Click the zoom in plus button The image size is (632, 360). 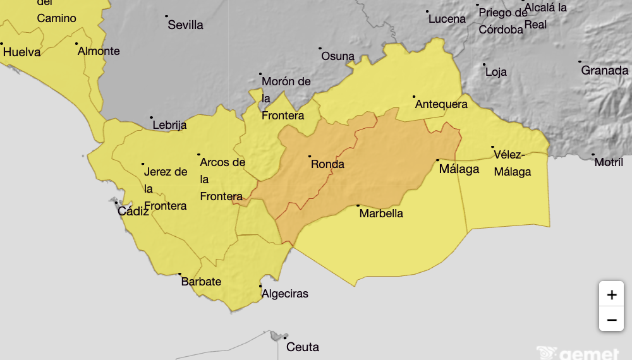[611, 294]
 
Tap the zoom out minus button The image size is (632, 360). [611, 320]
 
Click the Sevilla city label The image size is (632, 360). [185, 25]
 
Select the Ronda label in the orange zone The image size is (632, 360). [327, 164]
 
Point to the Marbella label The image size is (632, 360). [381, 213]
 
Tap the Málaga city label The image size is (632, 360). [459, 169]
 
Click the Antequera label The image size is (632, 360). [441, 104]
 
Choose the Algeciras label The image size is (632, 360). [284, 294]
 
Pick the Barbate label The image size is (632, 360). [201, 281]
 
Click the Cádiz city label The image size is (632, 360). [133, 211]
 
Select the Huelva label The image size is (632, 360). [21, 52]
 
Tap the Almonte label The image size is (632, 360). [99, 51]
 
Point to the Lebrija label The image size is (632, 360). [169, 125]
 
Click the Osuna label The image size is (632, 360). [337, 56]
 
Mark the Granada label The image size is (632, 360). [604, 70]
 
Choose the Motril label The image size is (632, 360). [609, 162]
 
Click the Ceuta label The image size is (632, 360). [303, 347]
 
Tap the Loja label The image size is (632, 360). [496, 72]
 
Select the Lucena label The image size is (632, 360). [447, 19]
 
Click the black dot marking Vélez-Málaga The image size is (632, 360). [493, 147]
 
